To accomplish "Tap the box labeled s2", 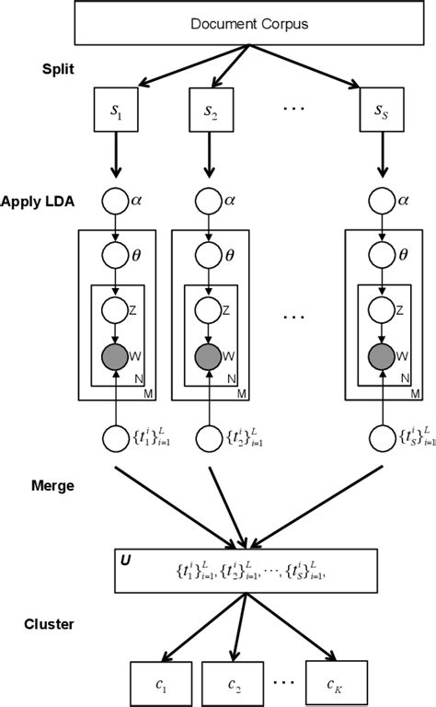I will [212, 110].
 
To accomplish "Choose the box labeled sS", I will [380, 110].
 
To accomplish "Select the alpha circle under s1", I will [117, 200].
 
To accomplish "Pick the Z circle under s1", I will [117, 307].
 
